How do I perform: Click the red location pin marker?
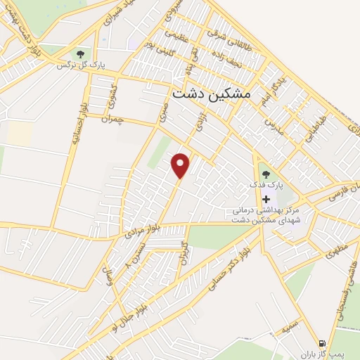click(181, 165)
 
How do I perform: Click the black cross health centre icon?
click(265, 200)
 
